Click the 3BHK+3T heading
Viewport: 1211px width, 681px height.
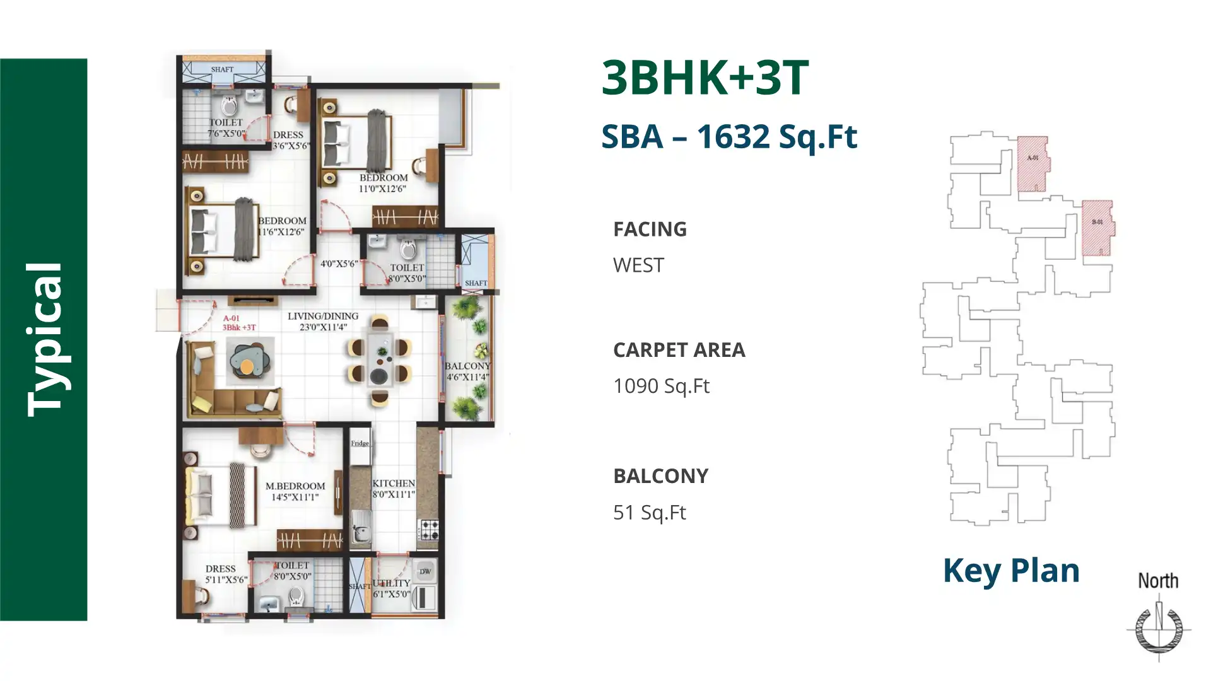point(705,78)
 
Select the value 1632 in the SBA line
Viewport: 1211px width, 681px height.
point(733,137)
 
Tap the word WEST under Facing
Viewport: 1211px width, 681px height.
point(638,265)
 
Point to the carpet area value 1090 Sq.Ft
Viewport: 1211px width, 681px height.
point(661,386)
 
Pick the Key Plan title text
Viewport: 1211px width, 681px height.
point(1011,571)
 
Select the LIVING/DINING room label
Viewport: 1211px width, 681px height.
point(323,317)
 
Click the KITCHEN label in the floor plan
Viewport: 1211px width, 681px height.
point(394,484)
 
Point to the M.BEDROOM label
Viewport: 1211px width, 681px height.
point(295,486)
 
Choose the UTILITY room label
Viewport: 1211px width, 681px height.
point(392,583)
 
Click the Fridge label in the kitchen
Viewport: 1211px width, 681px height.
point(360,443)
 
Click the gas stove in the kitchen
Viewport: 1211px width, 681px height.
point(430,529)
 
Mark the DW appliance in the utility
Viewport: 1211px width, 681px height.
point(425,571)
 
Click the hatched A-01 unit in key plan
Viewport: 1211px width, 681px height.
point(1033,163)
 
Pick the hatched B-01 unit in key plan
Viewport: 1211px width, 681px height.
point(1097,227)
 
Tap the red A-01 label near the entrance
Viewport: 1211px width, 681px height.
point(231,319)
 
